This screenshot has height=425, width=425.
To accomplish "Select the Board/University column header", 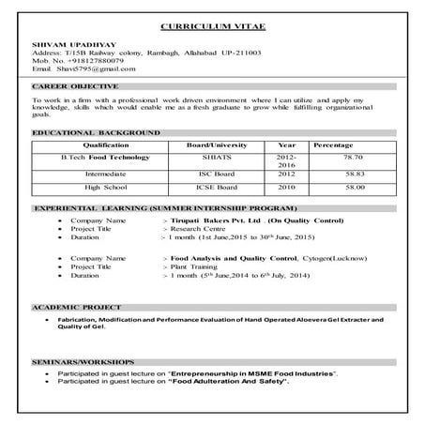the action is [219, 146].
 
